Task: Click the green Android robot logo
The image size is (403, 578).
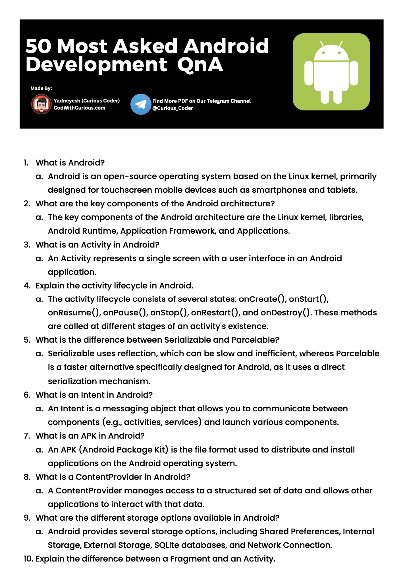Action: [x=331, y=72]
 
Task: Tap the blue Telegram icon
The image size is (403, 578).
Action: [x=141, y=104]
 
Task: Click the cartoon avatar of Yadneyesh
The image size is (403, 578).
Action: [x=41, y=104]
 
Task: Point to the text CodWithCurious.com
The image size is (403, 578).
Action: [x=79, y=108]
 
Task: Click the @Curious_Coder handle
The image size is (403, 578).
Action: [x=173, y=108]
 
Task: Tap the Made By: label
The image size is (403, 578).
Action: [x=41, y=88]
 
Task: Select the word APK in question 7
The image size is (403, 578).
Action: [x=89, y=436]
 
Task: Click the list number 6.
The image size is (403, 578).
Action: [x=27, y=395]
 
